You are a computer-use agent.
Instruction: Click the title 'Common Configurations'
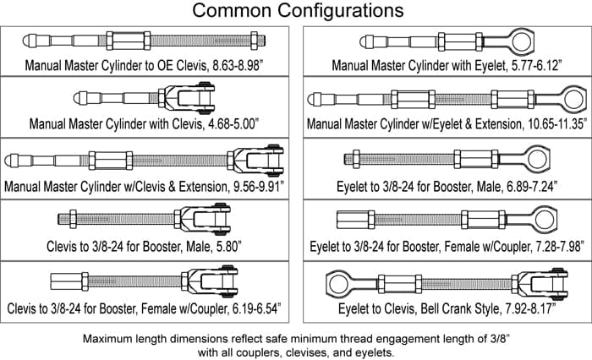(x=295, y=12)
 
